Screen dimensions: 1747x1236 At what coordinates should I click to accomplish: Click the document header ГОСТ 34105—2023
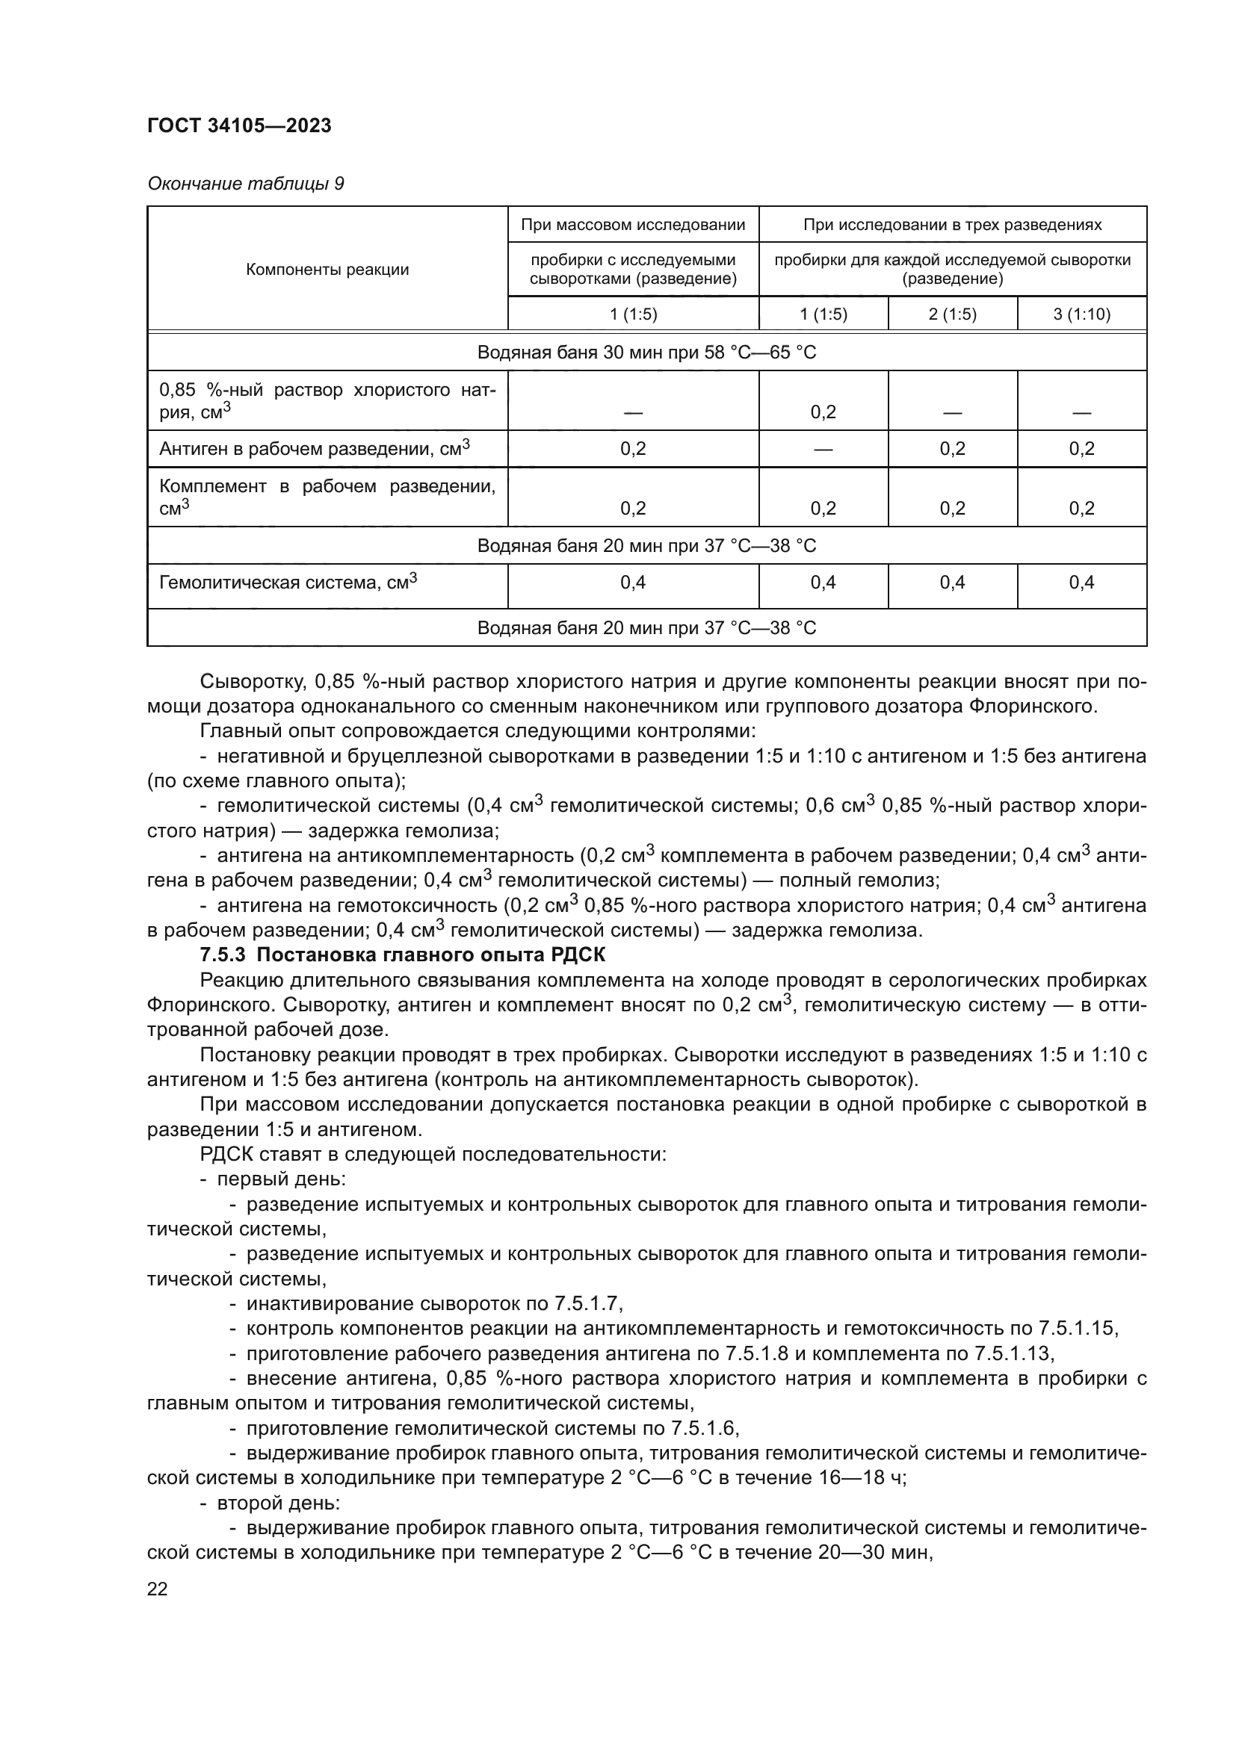coord(239,125)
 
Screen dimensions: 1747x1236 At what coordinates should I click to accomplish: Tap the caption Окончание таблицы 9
coord(245,184)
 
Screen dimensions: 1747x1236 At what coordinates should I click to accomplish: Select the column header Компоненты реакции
coord(327,270)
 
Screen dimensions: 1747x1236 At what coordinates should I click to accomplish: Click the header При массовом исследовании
coord(632,225)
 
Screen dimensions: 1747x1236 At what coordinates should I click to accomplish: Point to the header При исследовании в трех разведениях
coord(952,225)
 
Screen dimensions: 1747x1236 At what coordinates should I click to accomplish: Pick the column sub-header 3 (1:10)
coord(1081,314)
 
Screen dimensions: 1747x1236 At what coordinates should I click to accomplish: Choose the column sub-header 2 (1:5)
coord(952,314)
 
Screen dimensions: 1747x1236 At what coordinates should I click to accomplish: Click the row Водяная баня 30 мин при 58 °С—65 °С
coord(646,353)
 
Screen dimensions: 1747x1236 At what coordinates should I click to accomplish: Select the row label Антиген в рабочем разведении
coord(314,448)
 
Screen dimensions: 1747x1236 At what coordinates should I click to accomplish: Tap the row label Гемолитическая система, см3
coord(288,583)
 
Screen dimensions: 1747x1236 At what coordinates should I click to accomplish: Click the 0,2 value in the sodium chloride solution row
coord(823,412)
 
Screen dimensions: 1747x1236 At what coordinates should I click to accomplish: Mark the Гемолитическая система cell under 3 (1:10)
coord(1081,583)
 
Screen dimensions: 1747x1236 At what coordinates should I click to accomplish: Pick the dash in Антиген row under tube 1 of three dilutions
coord(823,449)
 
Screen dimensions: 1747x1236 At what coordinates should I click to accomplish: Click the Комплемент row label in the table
coord(327,496)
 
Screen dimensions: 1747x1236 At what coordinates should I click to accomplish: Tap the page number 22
coord(158,1589)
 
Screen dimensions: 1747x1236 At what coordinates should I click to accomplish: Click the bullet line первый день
coord(282,1179)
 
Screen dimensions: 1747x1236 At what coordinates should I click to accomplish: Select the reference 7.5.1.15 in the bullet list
coord(1077,1329)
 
